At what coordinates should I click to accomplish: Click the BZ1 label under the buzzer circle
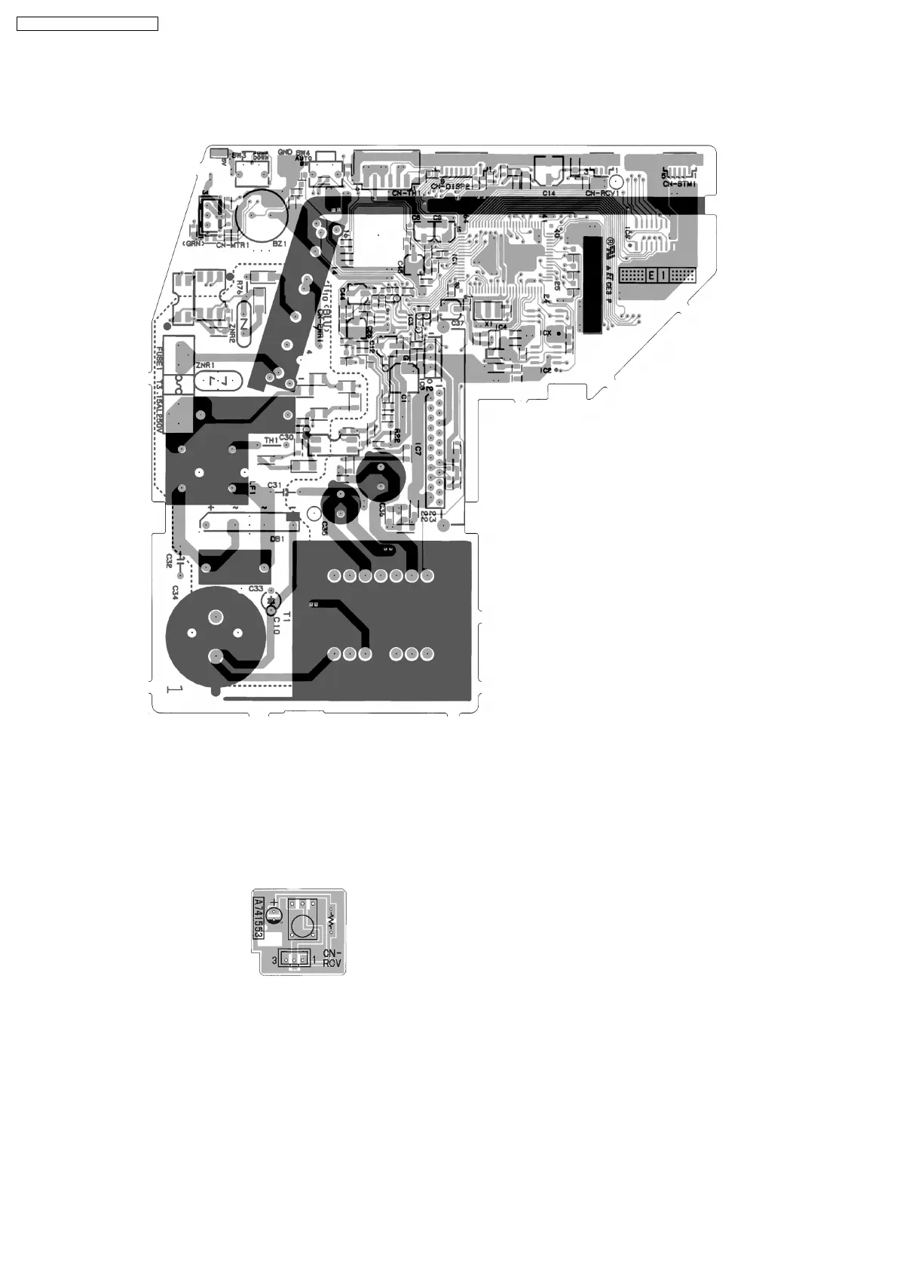[x=279, y=244]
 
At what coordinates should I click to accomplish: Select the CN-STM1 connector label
[x=679, y=183]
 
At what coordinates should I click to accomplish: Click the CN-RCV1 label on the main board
[x=603, y=193]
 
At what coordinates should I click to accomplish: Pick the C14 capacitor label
[x=550, y=193]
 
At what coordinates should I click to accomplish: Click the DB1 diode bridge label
[x=277, y=539]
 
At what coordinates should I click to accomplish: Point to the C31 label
[x=274, y=484]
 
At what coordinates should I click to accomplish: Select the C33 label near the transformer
[x=256, y=588]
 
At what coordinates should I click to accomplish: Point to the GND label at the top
[x=285, y=152]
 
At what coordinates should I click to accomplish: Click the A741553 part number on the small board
[x=258, y=918]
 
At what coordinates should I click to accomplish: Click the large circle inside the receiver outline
[x=303, y=926]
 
